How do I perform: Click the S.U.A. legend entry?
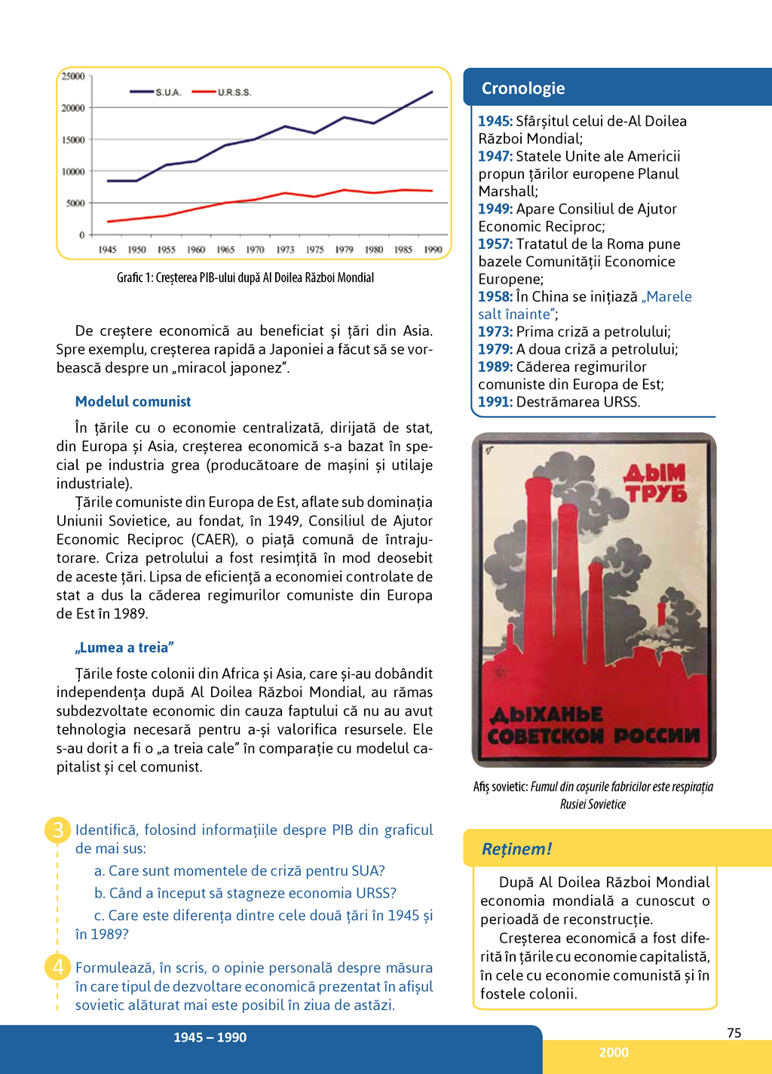[167, 92]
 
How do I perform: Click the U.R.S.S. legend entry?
[234, 92]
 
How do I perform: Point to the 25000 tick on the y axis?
[73, 76]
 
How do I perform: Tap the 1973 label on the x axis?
[285, 250]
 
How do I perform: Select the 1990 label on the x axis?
[433, 250]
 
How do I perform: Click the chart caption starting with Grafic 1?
[245, 278]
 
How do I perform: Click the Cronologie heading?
[523, 88]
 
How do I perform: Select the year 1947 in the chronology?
[495, 156]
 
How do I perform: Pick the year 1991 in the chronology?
[495, 402]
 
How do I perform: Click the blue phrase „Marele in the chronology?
[666, 296]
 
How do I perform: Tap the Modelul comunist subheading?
[133, 401]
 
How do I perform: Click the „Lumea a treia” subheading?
[124, 647]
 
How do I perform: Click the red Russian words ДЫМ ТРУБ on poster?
[655, 483]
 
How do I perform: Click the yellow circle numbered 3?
[58, 830]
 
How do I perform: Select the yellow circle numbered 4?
[58, 966]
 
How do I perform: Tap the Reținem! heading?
[516, 848]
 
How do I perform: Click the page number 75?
[734, 1033]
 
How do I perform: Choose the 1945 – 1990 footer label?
[210, 1037]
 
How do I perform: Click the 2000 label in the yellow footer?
[614, 1052]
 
